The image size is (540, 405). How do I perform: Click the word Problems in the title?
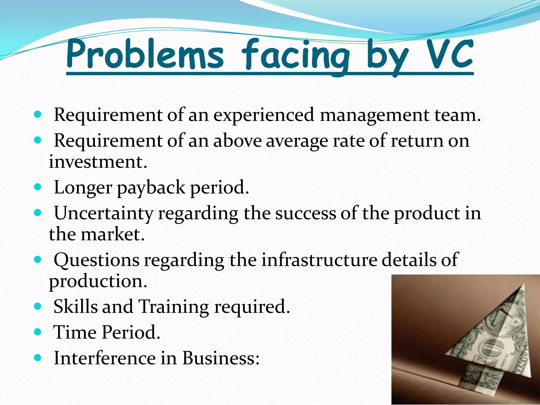click(x=145, y=54)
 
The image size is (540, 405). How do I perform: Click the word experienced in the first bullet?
click(x=264, y=115)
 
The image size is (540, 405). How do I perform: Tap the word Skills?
click(x=76, y=306)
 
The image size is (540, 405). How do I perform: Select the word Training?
click(x=173, y=307)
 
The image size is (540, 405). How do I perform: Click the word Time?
click(x=75, y=332)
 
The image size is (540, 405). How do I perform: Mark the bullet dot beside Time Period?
click(x=38, y=332)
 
